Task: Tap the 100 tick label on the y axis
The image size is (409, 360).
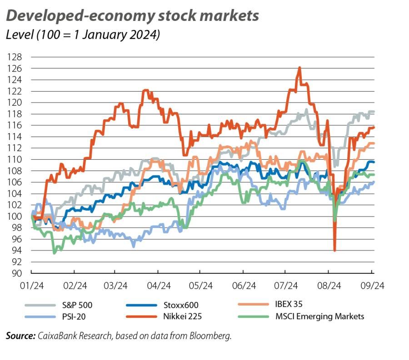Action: tap(15, 217)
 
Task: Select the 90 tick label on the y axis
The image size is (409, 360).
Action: tap(16, 273)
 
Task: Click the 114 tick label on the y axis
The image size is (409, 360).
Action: tap(15, 137)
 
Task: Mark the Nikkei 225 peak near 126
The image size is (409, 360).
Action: tap(299, 68)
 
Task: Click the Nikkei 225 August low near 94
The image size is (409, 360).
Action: tap(335, 250)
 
